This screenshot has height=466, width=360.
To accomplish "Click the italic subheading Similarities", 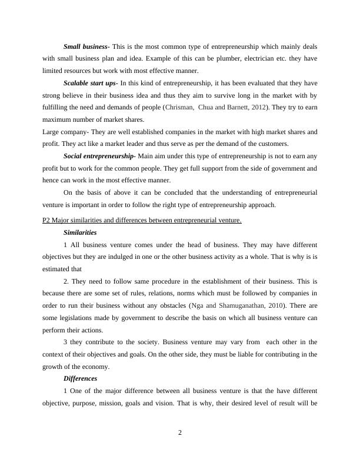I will pos(80,232).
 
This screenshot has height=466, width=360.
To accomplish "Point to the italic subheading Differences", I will pos(80,378).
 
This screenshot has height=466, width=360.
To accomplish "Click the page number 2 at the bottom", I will pos(180,433).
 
